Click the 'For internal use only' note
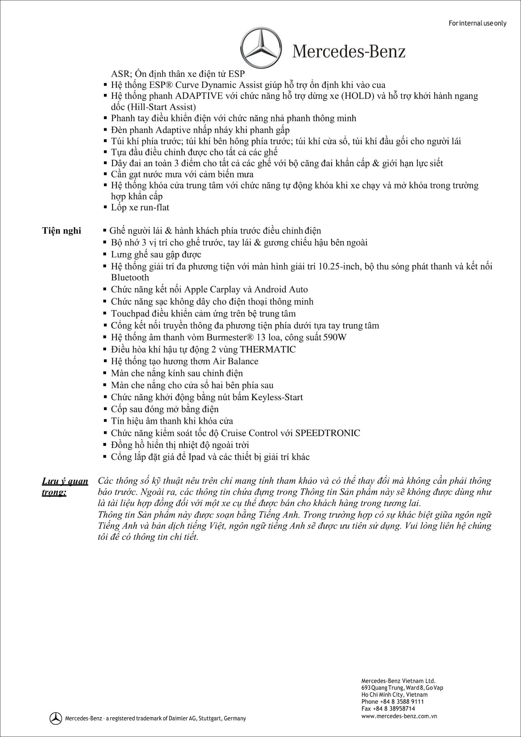pos(477,23)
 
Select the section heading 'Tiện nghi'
pos(61,231)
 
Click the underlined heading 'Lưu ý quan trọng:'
pos(65,486)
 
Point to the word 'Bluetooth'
pos(130,277)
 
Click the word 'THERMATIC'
pos(268,349)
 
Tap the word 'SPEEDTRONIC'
pos(328,433)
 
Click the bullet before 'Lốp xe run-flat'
pos(105,208)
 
